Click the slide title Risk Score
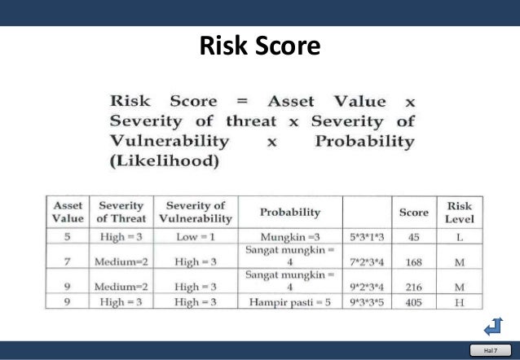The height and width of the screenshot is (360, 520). [260, 46]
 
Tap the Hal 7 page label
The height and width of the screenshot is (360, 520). [490, 350]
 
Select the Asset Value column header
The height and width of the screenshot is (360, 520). [68, 211]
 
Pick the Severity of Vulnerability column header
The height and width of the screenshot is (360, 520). [195, 211]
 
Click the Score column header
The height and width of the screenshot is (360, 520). [413, 212]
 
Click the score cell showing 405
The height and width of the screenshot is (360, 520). [413, 301]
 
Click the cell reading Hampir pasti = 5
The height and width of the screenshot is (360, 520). [289, 301]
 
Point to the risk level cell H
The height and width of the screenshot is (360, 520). [460, 301]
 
